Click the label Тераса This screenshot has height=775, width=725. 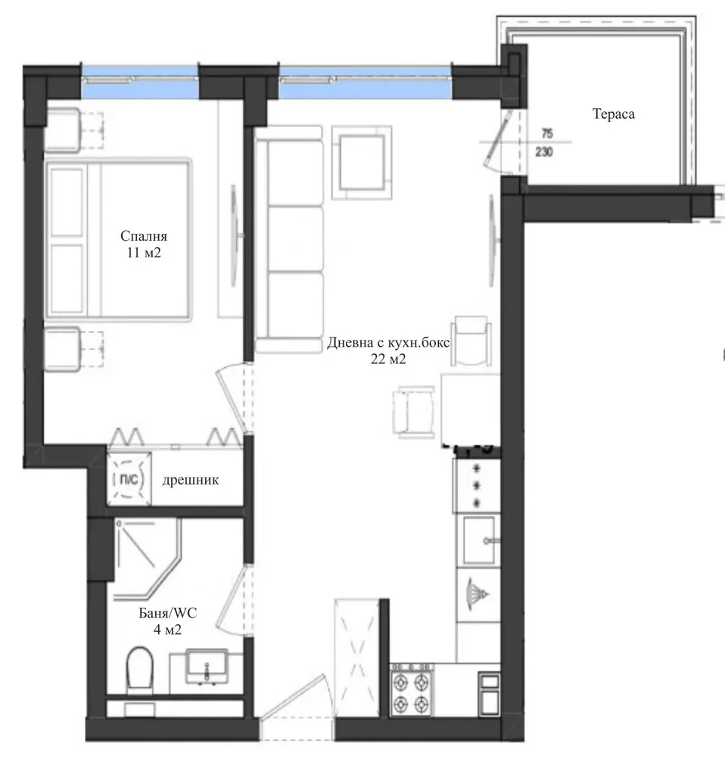(x=613, y=114)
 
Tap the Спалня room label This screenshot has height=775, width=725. (x=144, y=236)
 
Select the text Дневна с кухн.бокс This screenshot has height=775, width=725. (x=388, y=343)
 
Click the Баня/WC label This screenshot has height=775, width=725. (x=167, y=613)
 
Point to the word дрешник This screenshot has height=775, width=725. (x=190, y=480)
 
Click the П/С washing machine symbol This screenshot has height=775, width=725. (x=129, y=479)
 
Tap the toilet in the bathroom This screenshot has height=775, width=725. (x=139, y=669)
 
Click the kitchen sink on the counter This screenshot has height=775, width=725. (x=479, y=540)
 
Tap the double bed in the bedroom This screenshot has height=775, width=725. (x=118, y=240)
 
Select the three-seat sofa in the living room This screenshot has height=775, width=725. (x=288, y=240)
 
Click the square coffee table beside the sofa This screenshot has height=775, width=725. (x=362, y=162)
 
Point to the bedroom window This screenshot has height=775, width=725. (x=140, y=82)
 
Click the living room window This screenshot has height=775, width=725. (x=366, y=82)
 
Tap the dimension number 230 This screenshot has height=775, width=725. (x=544, y=152)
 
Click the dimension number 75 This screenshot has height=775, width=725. (x=547, y=133)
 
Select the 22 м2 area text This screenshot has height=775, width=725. (x=388, y=359)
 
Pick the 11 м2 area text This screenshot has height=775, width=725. (x=144, y=253)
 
